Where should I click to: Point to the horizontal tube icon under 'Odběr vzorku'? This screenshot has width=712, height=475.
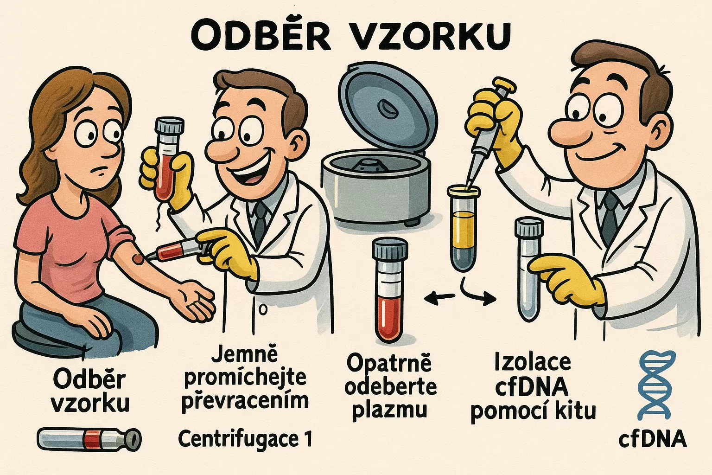coord(89,438)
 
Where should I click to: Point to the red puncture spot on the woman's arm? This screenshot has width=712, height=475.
coord(139,259)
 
